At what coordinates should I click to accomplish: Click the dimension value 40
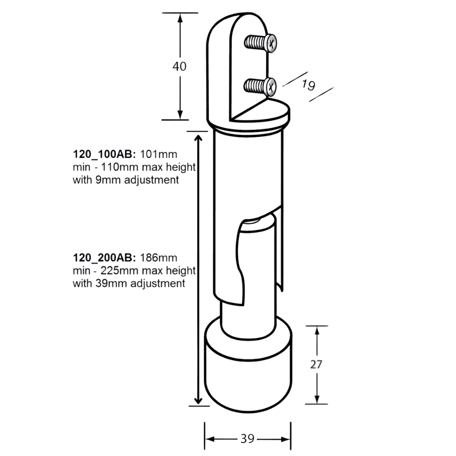(x=179, y=66)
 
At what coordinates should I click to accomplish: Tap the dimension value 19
(x=308, y=85)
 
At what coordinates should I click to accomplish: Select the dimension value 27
(x=316, y=364)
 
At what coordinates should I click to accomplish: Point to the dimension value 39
(x=248, y=439)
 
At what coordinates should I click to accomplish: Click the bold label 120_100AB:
(x=104, y=154)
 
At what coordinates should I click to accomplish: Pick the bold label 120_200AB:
(x=104, y=258)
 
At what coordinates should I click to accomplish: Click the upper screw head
(x=271, y=44)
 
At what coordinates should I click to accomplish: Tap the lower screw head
(x=270, y=87)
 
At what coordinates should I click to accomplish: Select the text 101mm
(x=159, y=154)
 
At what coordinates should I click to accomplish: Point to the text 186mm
(x=159, y=258)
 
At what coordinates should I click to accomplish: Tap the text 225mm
(x=119, y=271)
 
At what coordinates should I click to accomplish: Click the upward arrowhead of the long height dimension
(x=198, y=139)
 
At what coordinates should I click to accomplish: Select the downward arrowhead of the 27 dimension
(x=317, y=399)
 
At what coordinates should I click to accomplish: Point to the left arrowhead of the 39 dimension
(x=210, y=439)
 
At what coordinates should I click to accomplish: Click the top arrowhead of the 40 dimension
(x=180, y=18)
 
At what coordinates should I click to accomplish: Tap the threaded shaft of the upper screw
(x=255, y=42)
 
